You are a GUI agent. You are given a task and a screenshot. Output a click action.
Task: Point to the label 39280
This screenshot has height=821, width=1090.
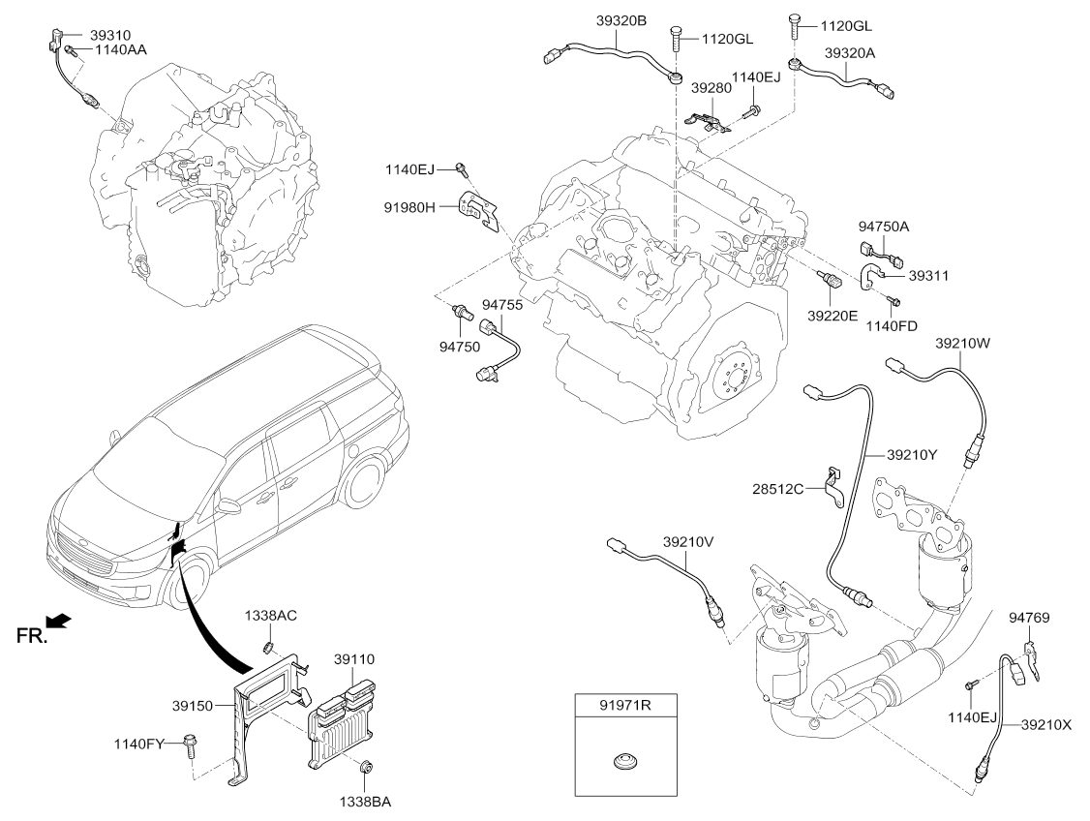click(712, 87)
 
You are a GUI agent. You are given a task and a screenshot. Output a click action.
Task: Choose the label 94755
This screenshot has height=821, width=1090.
click(502, 305)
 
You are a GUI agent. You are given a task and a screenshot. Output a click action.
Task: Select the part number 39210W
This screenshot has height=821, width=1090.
click(964, 342)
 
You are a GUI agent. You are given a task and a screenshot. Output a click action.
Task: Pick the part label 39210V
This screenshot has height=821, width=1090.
click(688, 542)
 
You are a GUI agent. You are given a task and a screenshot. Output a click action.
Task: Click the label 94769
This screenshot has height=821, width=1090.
click(1029, 617)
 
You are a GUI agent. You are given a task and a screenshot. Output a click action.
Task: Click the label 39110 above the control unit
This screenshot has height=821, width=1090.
click(354, 659)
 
